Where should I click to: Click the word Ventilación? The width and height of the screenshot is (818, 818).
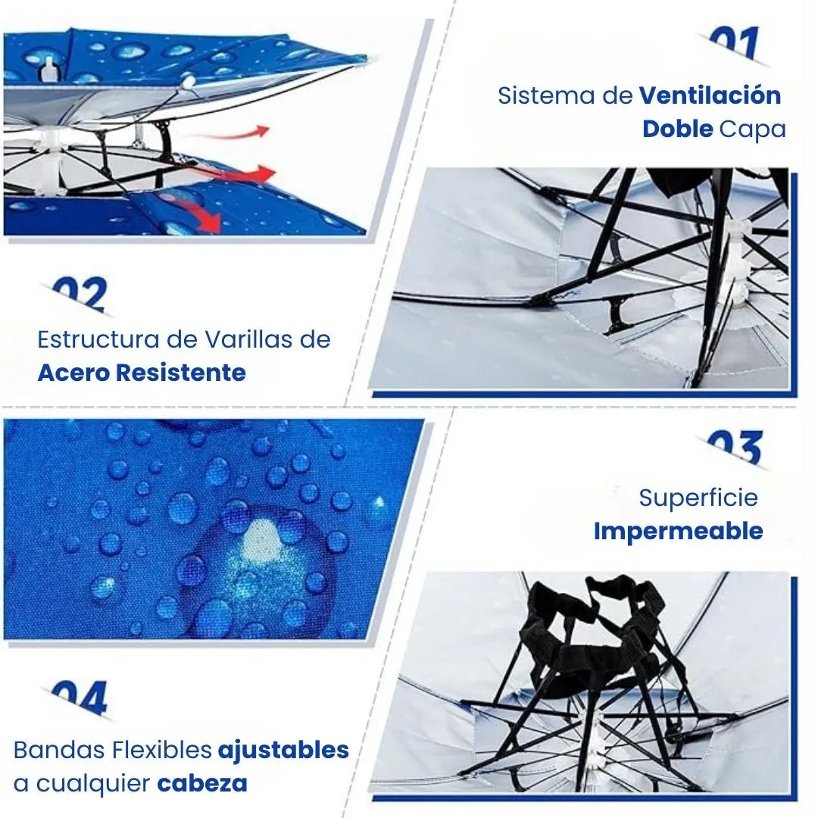click(x=710, y=95)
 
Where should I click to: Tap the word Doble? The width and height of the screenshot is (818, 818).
click(x=677, y=129)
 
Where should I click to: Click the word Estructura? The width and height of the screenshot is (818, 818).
click(x=98, y=339)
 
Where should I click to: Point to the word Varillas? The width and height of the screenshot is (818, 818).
click(x=242, y=339)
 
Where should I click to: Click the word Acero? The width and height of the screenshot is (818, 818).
click(x=73, y=373)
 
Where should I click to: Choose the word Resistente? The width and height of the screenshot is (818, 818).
click(x=180, y=373)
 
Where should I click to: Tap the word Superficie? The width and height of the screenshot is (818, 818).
click(x=698, y=498)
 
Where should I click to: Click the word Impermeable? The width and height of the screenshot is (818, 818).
click(x=678, y=532)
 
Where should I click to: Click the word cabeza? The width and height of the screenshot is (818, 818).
click(x=202, y=784)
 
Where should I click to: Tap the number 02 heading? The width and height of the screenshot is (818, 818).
click(x=81, y=295)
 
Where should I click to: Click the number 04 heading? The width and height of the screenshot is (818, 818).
click(x=81, y=698)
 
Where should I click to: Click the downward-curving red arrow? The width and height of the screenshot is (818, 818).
click(x=200, y=212)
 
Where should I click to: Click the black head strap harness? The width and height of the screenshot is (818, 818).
click(x=600, y=641)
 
